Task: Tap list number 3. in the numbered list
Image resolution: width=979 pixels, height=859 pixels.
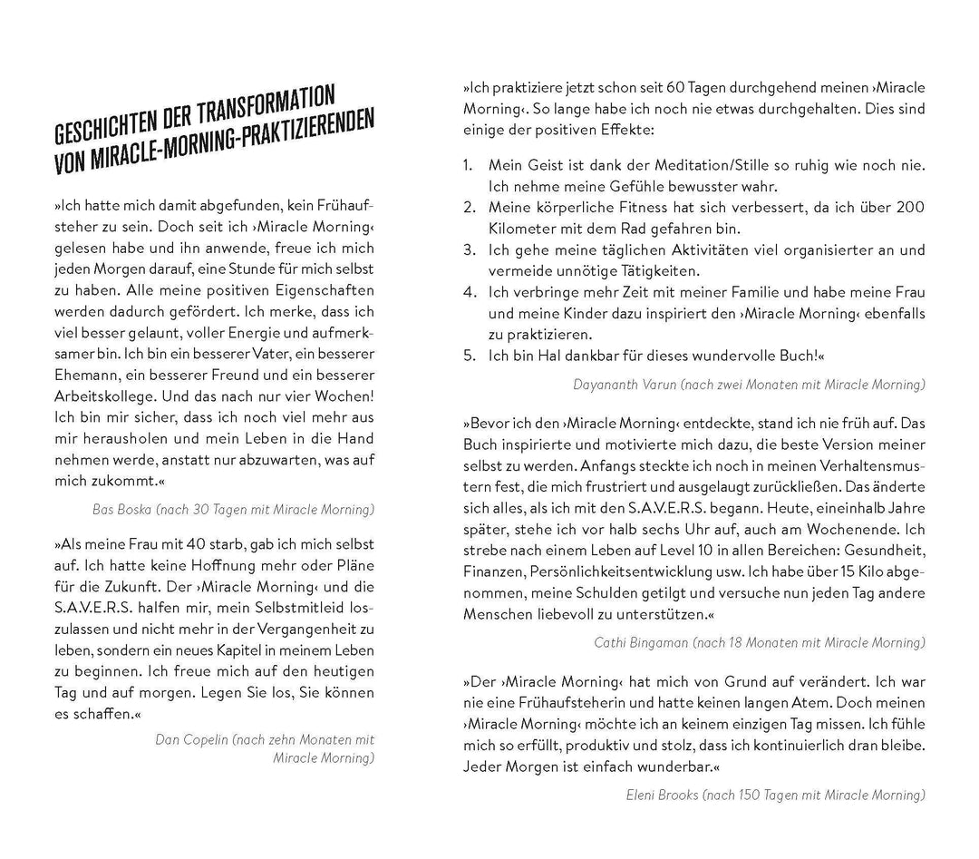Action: point(469,249)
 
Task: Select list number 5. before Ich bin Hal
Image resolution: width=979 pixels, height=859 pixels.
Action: point(469,355)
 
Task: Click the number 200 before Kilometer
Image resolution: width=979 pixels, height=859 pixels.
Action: point(910,208)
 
